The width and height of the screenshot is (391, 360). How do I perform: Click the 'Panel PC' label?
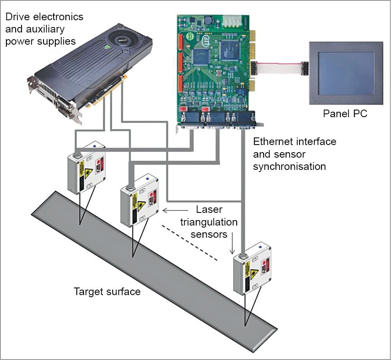345,113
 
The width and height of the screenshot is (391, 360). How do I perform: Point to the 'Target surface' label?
107,291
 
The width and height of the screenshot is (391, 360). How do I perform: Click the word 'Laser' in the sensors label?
209,210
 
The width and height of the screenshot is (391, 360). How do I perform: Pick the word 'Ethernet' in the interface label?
272,142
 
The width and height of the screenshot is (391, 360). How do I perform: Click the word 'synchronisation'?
289,167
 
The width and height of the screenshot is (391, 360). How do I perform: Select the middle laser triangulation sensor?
140,200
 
